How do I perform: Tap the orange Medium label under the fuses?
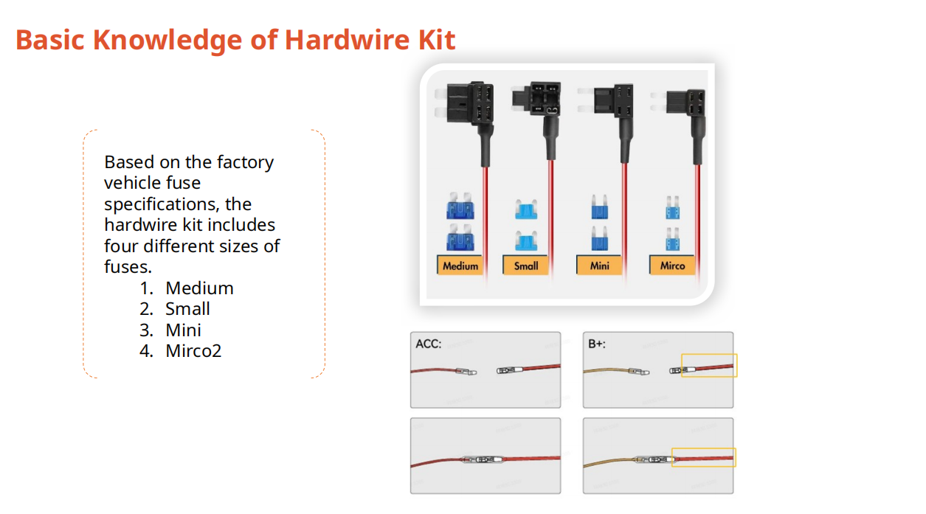pos(460,265)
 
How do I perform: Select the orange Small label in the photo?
pos(526,265)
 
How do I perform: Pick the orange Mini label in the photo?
pos(600,265)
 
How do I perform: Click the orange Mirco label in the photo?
pos(672,265)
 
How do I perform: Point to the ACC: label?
pos(429,344)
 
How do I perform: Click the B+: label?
pos(597,344)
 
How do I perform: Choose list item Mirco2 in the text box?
pos(193,350)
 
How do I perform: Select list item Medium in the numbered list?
pos(199,288)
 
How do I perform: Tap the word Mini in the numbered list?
pos(183,330)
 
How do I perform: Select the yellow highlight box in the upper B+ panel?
pos(709,366)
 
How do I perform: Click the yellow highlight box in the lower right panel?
pos(704,457)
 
